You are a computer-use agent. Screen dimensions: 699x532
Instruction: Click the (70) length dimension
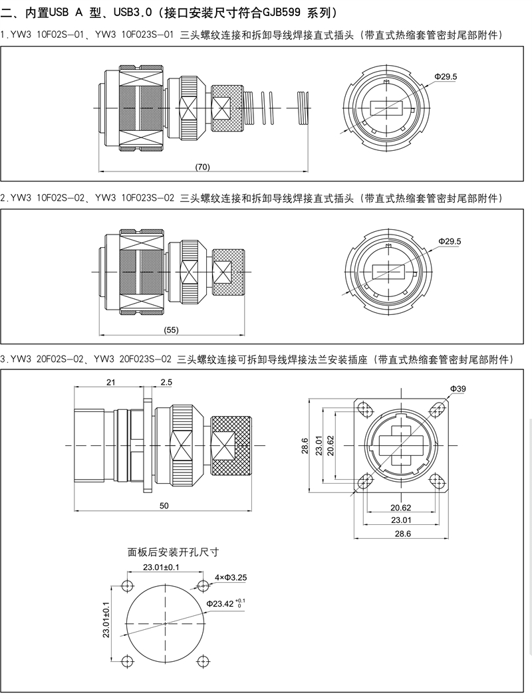tap(203, 166)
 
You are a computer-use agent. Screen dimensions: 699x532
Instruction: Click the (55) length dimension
tap(171, 330)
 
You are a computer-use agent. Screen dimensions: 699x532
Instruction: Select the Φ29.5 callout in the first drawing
tap(446, 77)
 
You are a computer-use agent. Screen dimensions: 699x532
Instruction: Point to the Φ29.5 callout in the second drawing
tap(450, 241)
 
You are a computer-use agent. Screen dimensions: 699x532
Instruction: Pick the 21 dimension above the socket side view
tap(110, 381)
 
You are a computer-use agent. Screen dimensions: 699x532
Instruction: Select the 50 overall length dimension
tap(165, 506)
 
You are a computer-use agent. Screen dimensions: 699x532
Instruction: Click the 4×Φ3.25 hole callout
tap(231, 577)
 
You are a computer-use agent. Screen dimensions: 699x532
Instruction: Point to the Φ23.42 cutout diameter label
tap(226, 603)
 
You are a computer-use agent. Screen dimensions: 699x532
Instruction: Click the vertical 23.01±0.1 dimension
tap(106, 619)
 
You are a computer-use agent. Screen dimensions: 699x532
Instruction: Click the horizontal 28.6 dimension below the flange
tap(400, 533)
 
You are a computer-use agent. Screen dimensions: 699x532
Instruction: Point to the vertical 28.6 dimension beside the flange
tap(305, 443)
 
